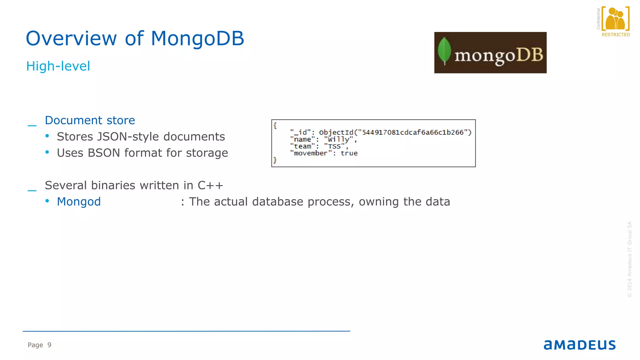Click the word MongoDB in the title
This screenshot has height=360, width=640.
click(197, 39)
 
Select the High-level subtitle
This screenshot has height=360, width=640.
click(58, 66)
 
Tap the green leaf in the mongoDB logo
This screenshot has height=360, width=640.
click(444, 51)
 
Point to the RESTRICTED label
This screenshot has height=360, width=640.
click(616, 35)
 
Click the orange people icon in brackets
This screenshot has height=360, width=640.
click(615, 19)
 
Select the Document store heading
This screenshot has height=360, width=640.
click(90, 120)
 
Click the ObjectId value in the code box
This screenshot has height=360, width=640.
click(395, 132)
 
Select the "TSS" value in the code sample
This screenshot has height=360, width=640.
click(334, 146)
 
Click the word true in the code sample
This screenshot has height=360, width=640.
click(349, 153)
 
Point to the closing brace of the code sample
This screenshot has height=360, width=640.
click(275, 160)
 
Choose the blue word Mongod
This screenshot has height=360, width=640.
click(79, 202)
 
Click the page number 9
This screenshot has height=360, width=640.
click(49, 345)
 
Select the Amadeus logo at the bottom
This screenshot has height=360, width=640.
click(579, 345)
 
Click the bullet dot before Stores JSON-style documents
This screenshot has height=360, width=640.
click(47, 136)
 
